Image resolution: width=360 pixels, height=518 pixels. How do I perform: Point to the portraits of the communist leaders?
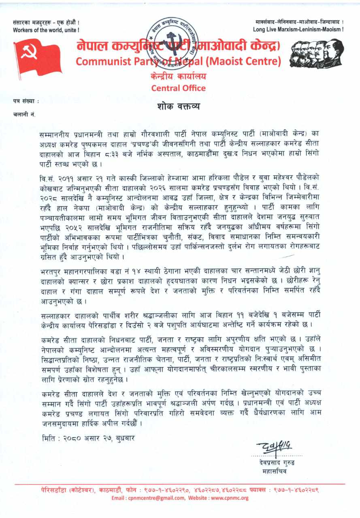(317, 53)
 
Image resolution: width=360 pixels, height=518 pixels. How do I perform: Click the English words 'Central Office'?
(178, 88)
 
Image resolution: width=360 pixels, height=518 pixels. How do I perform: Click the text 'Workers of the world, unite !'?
(46, 30)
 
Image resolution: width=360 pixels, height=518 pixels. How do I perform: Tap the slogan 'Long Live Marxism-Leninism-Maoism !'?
(298, 30)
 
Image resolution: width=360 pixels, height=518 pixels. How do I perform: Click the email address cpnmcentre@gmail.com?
(154, 498)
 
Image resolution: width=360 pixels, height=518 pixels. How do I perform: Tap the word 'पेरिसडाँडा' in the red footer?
(54, 490)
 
